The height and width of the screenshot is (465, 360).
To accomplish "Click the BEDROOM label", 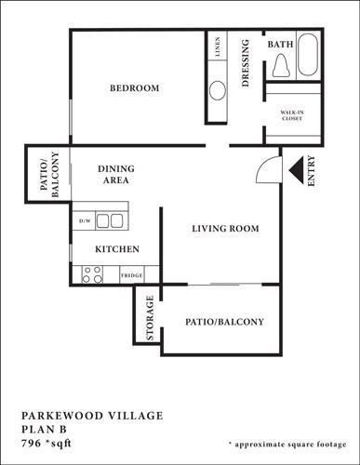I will [x=135, y=88].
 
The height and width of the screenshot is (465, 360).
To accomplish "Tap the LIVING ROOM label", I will [x=224, y=229].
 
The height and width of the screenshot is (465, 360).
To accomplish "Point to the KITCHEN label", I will [x=117, y=249].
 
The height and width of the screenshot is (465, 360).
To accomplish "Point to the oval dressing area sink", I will [x=217, y=91].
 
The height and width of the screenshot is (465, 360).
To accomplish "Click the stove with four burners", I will [x=92, y=274].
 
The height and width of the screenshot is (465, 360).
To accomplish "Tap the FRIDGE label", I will [x=131, y=275].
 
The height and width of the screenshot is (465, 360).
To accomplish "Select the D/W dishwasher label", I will [x=84, y=221].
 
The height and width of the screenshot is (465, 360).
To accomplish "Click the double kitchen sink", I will [x=111, y=221].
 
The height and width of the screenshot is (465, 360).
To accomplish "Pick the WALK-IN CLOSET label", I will [x=293, y=116].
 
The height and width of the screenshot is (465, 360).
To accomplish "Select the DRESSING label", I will [x=246, y=63].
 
